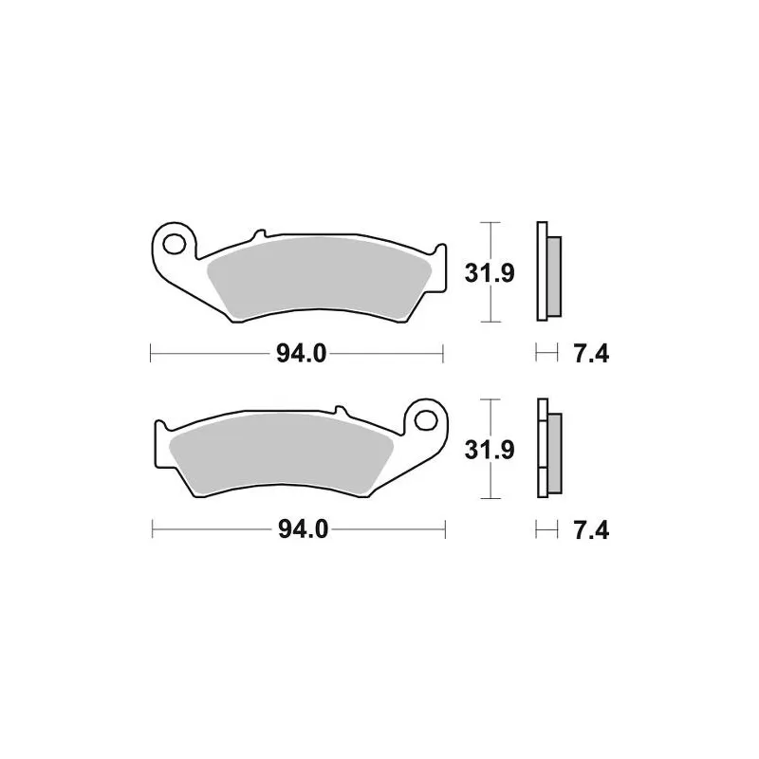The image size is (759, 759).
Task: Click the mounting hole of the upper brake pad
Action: point(174,244)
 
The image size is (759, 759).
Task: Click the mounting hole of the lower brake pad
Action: point(426,419)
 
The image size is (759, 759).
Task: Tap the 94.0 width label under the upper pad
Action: point(301,353)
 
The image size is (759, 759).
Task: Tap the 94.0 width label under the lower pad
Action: point(303,529)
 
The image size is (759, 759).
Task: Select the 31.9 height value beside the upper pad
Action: point(489,273)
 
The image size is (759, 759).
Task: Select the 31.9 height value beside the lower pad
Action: point(489,450)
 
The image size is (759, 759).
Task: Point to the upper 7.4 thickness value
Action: point(591,354)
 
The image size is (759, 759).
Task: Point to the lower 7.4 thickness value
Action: point(591,530)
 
